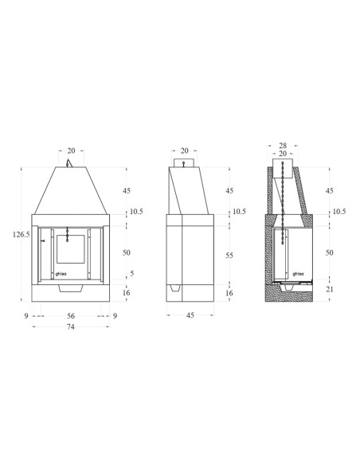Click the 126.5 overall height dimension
click(x=21, y=235)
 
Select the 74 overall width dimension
click(x=70, y=326)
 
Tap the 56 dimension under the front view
click(x=71, y=316)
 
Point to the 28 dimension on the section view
click(x=283, y=145)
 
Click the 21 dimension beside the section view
click(x=330, y=289)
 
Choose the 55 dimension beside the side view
click(x=229, y=255)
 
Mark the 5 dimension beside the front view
click(x=132, y=273)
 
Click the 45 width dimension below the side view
click(x=190, y=315)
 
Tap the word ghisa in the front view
click(x=61, y=274)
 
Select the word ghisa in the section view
click(x=299, y=274)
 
